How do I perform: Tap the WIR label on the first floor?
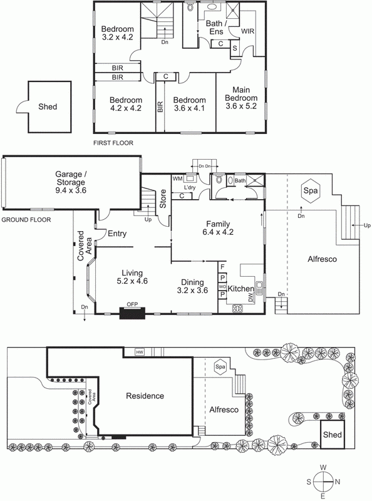(x=247, y=30)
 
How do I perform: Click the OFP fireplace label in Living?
(x=132, y=305)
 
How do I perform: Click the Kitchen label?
(x=240, y=289)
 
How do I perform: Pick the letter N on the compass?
(x=337, y=482)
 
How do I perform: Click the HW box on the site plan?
(x=139, y=353)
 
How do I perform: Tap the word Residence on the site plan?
(x=145, y=396)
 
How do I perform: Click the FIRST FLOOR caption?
(x=113, y=143)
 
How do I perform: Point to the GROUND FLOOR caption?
(x=26, y=220)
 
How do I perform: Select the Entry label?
(x=117, y=234)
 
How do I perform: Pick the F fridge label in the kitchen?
(x=222, y=266)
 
